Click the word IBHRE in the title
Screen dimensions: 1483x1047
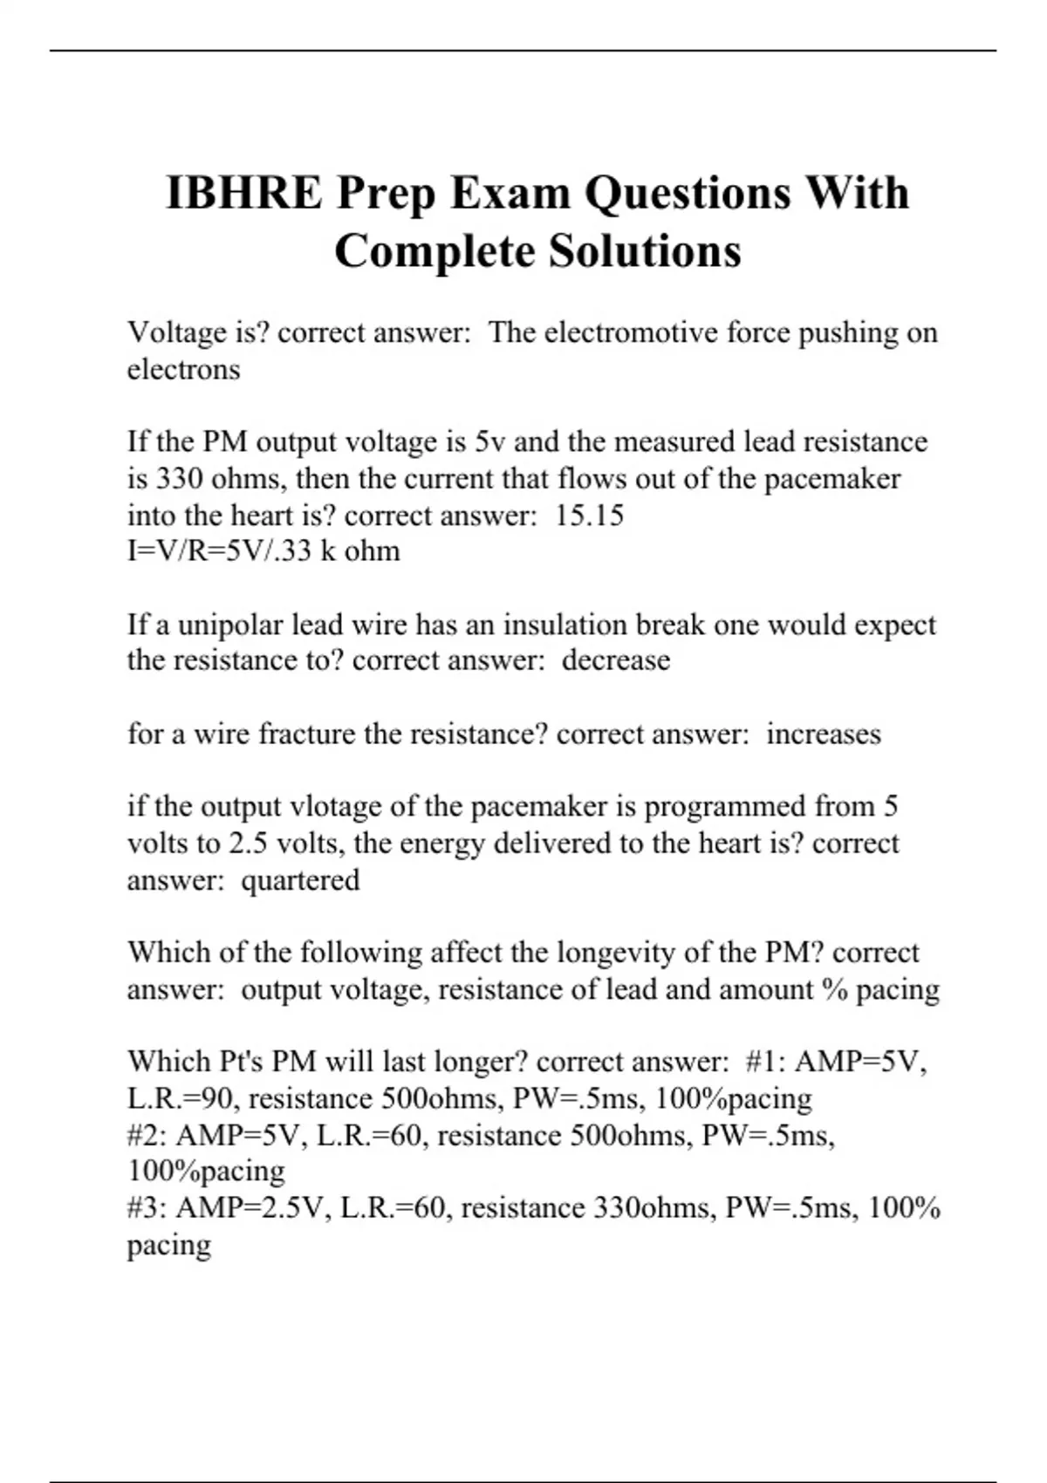click(244, 193)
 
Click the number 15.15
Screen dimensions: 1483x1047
click(590, 516)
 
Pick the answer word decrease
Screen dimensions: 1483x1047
click(616, 660)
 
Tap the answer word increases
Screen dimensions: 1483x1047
click(824, 734)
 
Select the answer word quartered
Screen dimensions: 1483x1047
click(300, 879)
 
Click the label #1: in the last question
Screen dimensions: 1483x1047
click(766, 1062)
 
